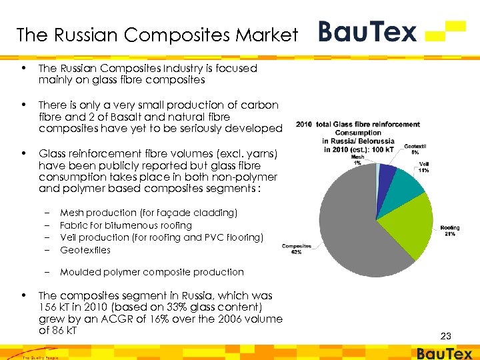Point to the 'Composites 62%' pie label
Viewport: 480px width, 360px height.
(296, 249)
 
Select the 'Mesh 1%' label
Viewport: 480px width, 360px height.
(357, 159)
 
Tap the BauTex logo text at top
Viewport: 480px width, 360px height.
(367, 31)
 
